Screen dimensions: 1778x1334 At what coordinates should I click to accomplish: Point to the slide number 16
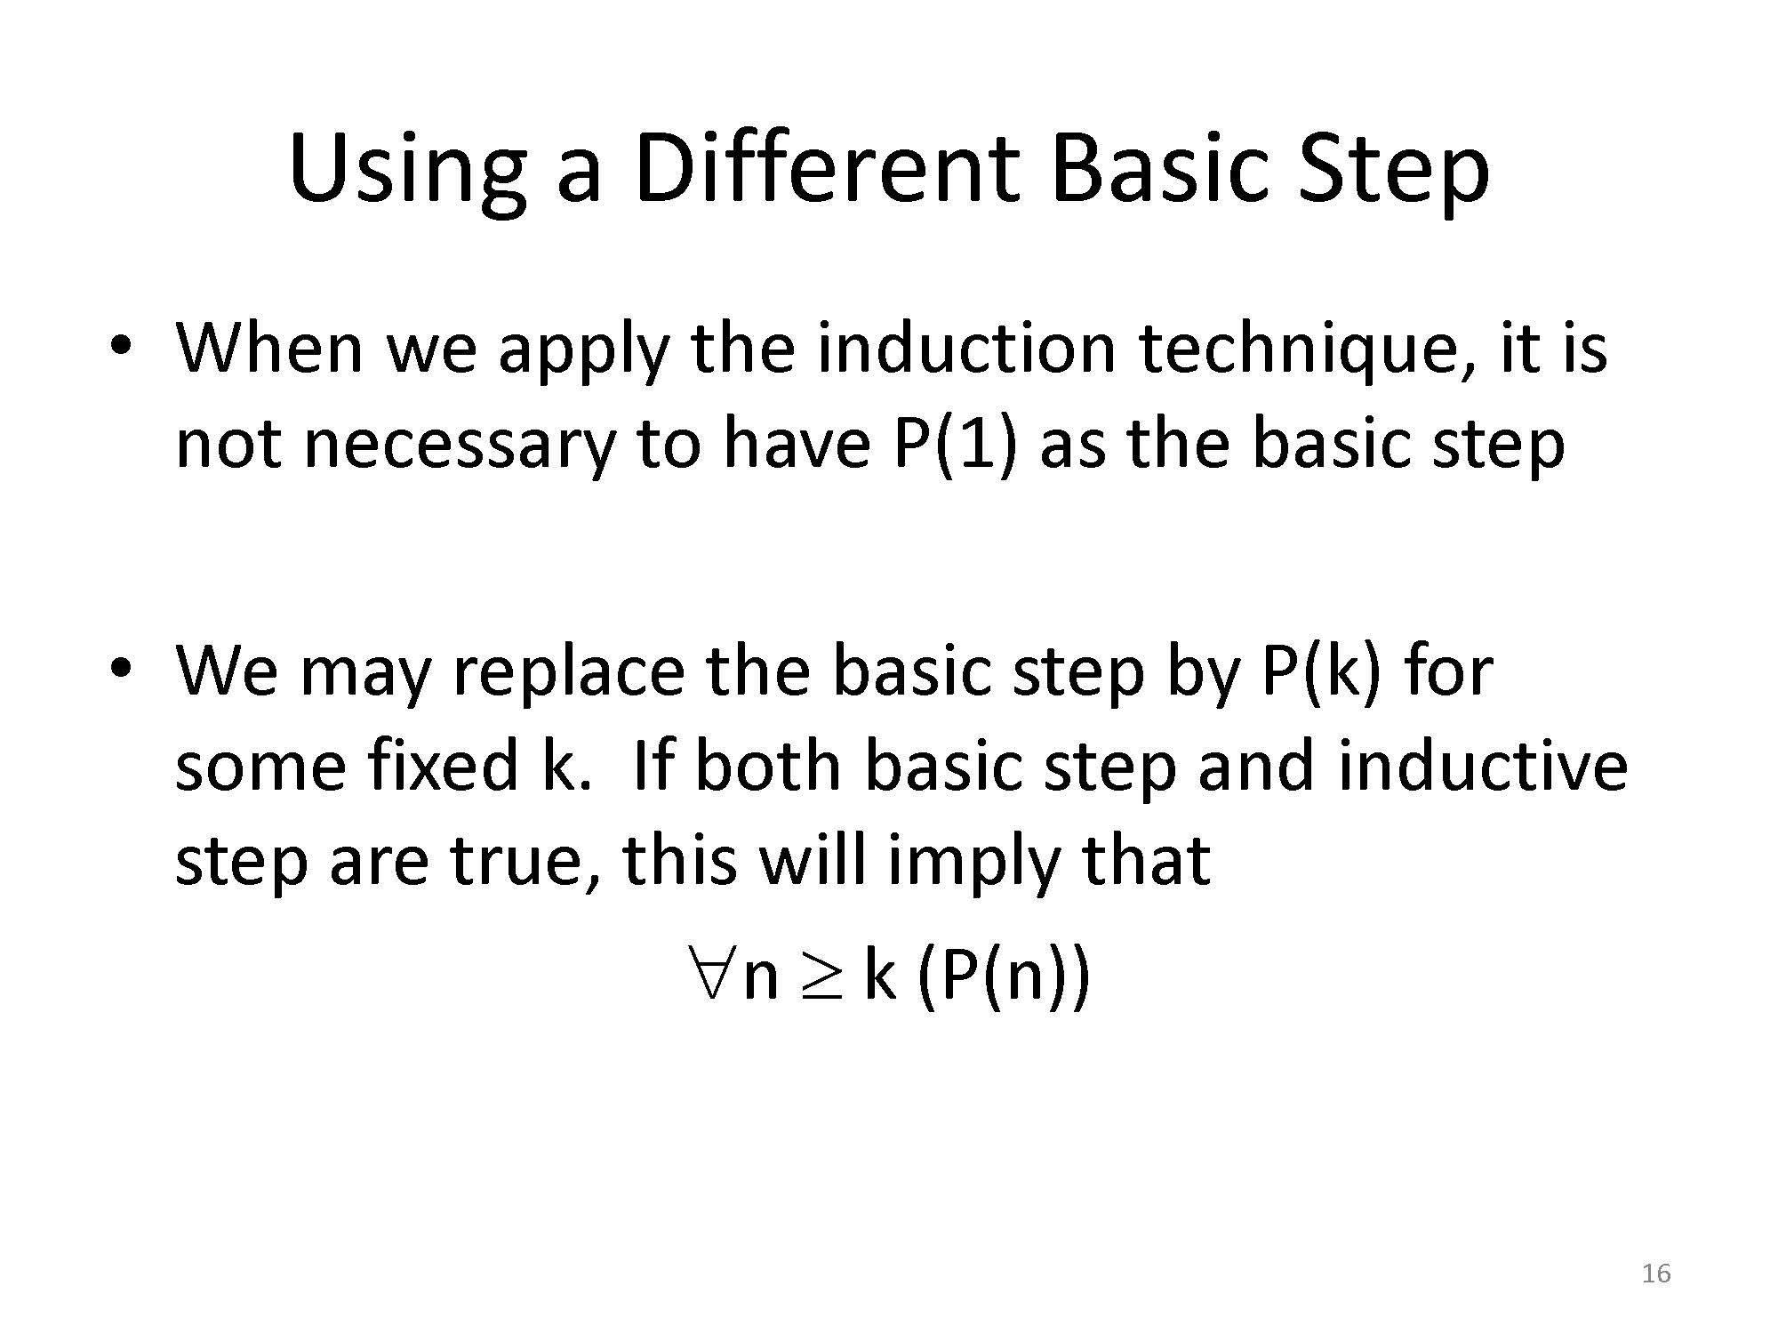click(x=1656, y=1274)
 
